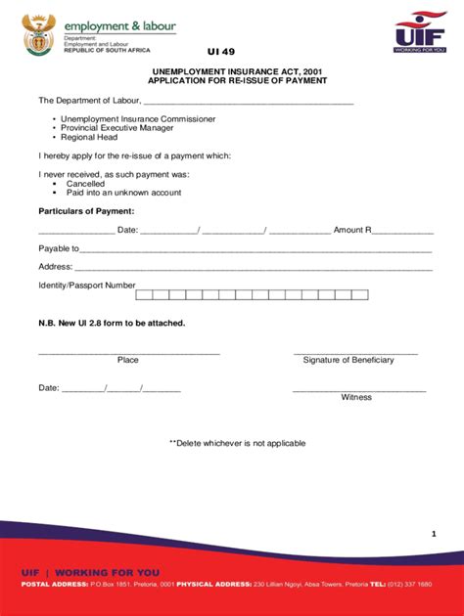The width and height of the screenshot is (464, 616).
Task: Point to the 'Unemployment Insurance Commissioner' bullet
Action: pos(138,119)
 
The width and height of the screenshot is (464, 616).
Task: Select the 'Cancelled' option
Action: pos(85,184)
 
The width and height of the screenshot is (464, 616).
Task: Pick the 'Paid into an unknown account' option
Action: pos(123,193)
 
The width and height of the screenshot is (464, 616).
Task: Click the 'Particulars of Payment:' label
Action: pos(86,211)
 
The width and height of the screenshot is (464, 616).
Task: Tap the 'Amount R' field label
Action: pos(352,231)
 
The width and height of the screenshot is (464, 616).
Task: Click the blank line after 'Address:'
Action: pos(254,267)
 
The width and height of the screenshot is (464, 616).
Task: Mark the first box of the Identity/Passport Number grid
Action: pos(144,294)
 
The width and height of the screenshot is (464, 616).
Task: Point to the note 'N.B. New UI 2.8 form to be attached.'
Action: pos(112,323)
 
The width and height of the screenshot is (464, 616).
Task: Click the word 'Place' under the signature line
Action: pos(128,360)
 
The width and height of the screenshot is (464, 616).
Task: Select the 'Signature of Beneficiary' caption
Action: pos(348,360)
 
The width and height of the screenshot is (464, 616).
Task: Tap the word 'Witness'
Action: pos(356,397)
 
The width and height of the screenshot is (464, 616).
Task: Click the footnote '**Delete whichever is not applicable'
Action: pos(237,443)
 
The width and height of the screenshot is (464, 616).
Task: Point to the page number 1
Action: pos(432,534)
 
